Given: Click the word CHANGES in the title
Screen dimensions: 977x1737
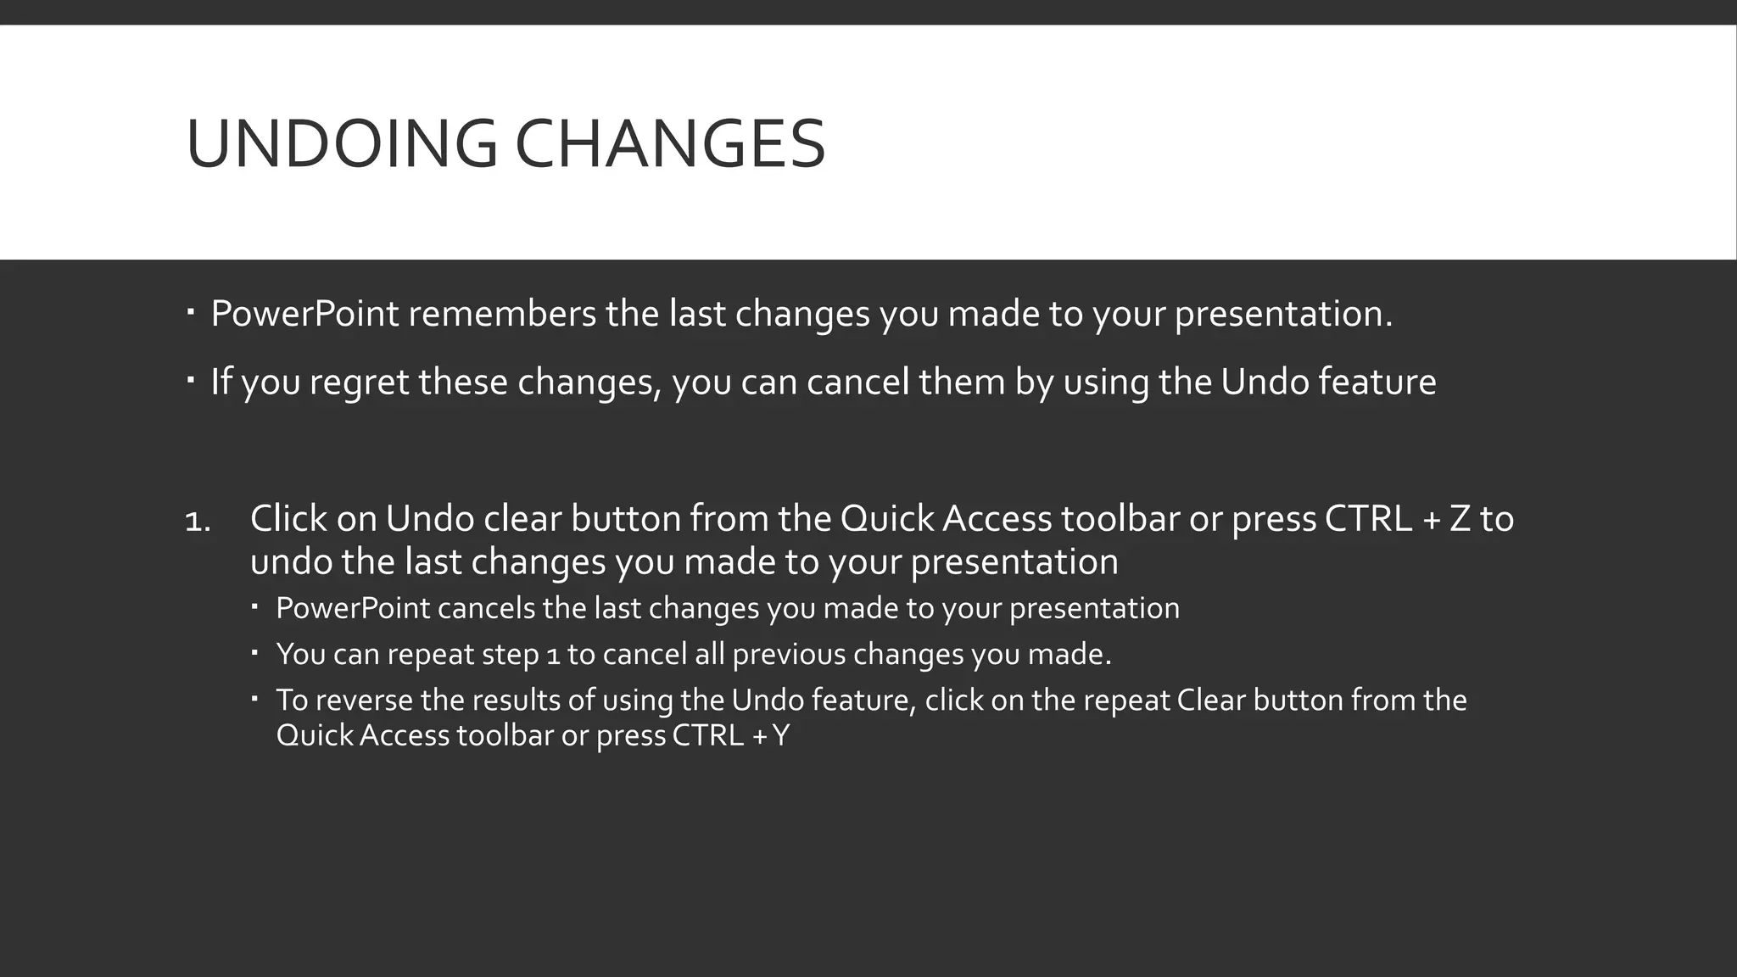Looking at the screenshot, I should click(670, 144).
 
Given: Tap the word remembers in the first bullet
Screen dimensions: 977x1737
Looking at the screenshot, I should click(502, 315).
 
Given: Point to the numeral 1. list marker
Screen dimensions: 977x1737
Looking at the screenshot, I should click(198, 521).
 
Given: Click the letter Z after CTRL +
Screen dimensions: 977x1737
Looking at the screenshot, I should click(1459, 519).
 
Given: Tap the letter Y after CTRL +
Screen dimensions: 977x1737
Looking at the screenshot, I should click(780, 735).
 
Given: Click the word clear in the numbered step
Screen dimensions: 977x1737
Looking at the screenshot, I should click(522, 519).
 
